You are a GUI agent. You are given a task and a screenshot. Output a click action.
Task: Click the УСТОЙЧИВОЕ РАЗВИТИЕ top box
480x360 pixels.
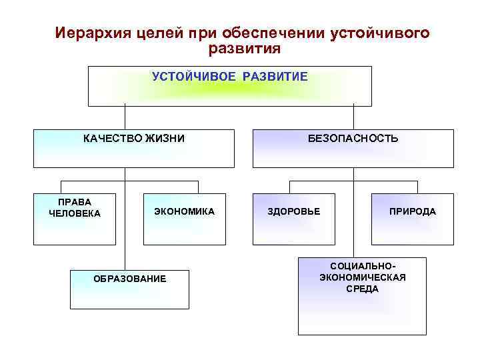(x=230, y=86)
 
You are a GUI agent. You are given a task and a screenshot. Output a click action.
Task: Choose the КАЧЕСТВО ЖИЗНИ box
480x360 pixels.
(x=134, y=148)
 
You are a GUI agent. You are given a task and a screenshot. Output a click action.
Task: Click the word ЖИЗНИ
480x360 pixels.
(x=165, y=139)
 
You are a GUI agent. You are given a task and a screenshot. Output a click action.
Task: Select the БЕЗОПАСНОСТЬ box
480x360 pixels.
(x=353, y=148)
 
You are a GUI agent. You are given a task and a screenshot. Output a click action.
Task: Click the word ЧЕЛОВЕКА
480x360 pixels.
(x=75, y=213)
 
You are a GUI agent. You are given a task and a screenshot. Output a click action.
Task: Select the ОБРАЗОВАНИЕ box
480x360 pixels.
(x=130, y=289)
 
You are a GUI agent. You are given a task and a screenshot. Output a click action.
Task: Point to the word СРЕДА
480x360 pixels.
(x=362, y=289)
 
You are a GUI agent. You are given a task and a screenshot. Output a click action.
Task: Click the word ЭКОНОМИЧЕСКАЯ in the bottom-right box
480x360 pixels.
(x=362, y=277)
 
